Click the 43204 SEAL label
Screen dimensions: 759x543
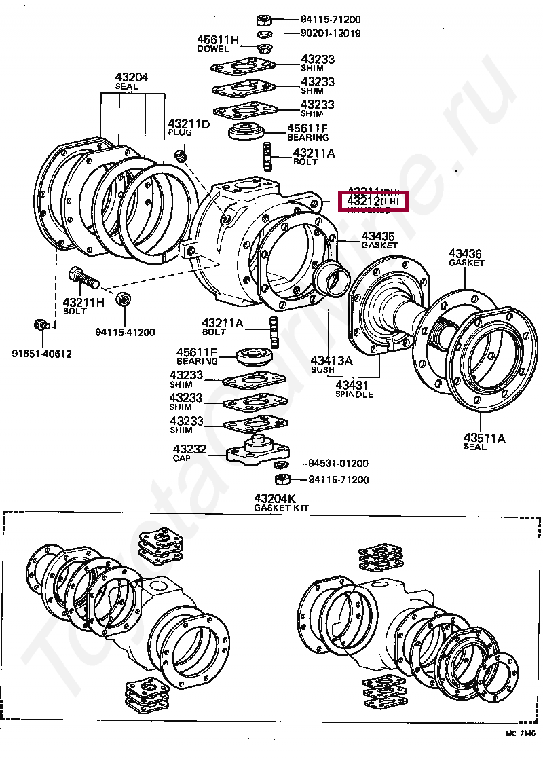[132, 82]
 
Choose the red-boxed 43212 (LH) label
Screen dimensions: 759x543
[375, 202]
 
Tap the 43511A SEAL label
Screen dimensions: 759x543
[485, 441]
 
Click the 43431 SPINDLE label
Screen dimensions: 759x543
[354, 389]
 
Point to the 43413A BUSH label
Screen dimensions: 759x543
[332, 365]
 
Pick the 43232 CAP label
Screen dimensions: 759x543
[185, 453]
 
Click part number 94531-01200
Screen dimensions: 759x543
[338, 464]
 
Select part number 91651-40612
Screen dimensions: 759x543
[41, 354]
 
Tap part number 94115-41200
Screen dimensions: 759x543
[125, 332]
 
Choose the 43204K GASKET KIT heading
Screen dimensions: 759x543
[276, 502]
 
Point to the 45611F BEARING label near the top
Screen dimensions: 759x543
[307, 132]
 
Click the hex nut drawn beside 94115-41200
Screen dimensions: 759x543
[124, 299]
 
